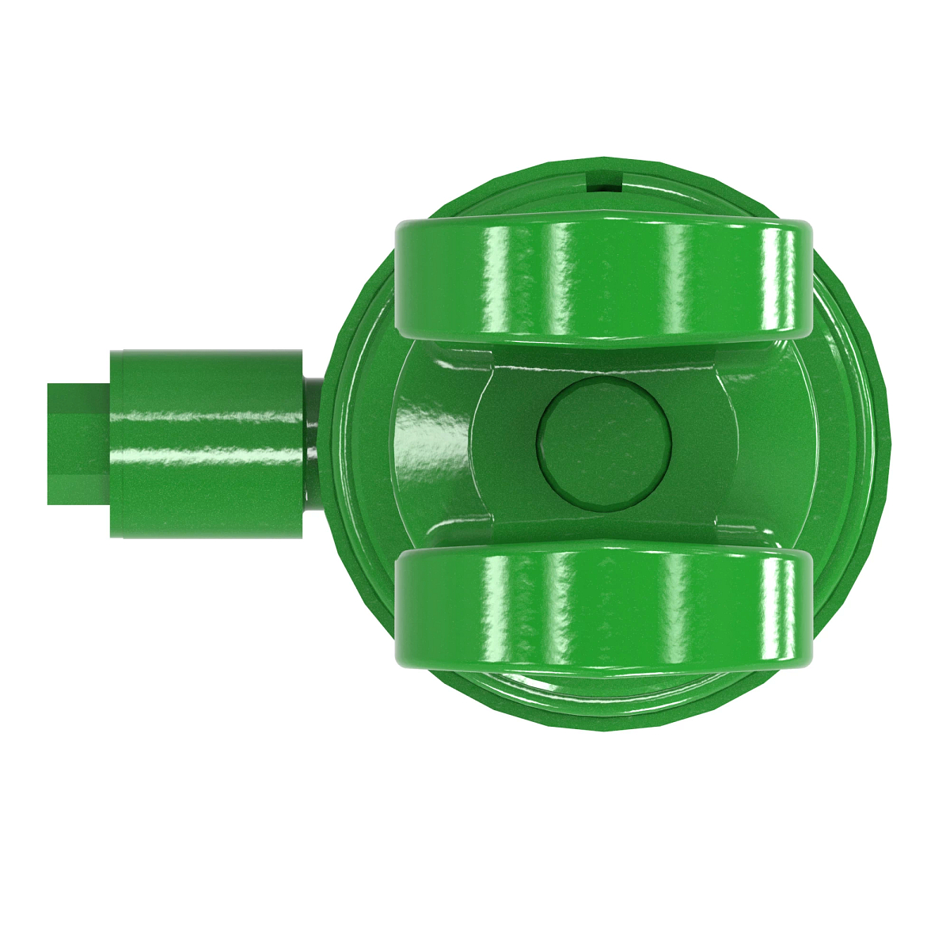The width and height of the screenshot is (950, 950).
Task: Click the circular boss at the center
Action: (604, 442)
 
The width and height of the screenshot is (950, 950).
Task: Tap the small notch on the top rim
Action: (603, 181)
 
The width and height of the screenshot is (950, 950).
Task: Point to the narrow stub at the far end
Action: (78, 444)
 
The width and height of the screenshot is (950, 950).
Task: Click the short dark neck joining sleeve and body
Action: (312, 443)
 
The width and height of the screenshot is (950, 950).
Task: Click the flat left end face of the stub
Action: (51, 444)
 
